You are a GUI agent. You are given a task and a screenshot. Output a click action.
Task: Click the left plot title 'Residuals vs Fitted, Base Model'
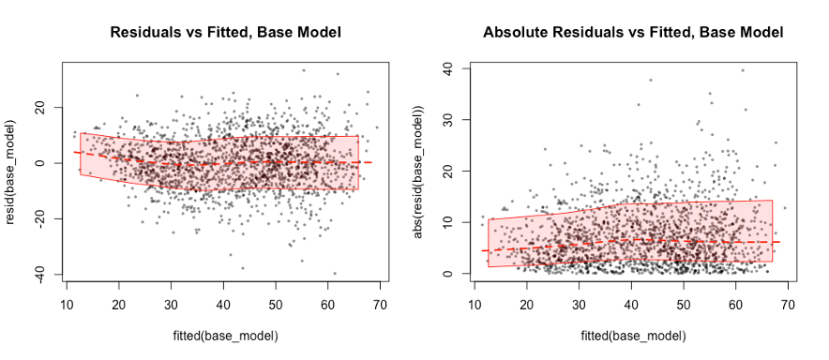click(225, 32)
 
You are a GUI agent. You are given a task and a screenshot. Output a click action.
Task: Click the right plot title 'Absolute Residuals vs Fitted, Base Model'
click(633, 32)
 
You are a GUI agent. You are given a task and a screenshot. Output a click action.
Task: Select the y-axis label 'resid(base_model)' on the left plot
click(12, 171)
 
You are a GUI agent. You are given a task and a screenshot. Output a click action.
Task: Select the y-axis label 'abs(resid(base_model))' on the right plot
click(419, 171)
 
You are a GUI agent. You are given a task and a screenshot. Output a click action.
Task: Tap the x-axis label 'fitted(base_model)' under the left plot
click(224, 335)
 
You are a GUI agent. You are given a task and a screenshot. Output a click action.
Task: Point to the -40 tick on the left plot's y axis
click(41, 273)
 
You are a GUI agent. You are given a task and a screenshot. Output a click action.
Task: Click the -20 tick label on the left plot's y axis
click(41, 217)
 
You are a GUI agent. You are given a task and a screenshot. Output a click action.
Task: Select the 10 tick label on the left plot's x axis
click(68, 304)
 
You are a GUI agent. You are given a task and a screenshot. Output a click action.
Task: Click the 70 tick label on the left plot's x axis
click(380, 304)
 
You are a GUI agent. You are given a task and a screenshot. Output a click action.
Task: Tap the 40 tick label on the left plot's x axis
click(223, 304)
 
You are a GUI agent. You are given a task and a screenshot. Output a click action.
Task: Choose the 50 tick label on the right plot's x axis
click(683, 304)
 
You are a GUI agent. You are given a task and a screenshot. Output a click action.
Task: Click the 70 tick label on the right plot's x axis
click(787, 304)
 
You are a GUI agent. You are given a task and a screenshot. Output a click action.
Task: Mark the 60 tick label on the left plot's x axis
click(327, 304)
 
